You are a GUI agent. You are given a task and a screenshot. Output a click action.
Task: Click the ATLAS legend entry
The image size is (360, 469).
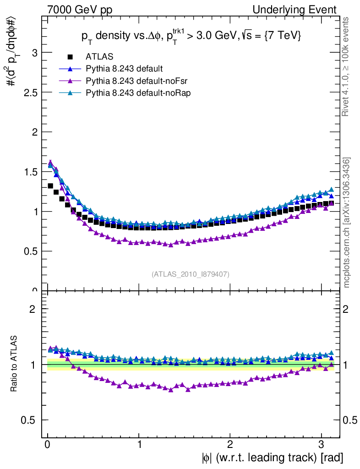(x=99, y=57)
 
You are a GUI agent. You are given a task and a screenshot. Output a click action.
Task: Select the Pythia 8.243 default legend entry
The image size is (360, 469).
(x=124, y=69)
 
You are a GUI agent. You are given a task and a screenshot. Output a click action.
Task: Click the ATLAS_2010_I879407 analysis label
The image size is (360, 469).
(x=191, y=274)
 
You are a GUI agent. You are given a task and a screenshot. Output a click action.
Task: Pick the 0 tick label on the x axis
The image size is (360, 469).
(x=48, y=445)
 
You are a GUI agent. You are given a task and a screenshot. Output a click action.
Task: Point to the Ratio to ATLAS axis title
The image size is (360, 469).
(x=15, y=364)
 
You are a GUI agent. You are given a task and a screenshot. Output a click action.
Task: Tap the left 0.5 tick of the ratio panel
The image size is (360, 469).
(x=30, y=420)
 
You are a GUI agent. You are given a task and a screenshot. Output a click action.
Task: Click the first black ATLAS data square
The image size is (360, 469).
(x=50, y=186)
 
